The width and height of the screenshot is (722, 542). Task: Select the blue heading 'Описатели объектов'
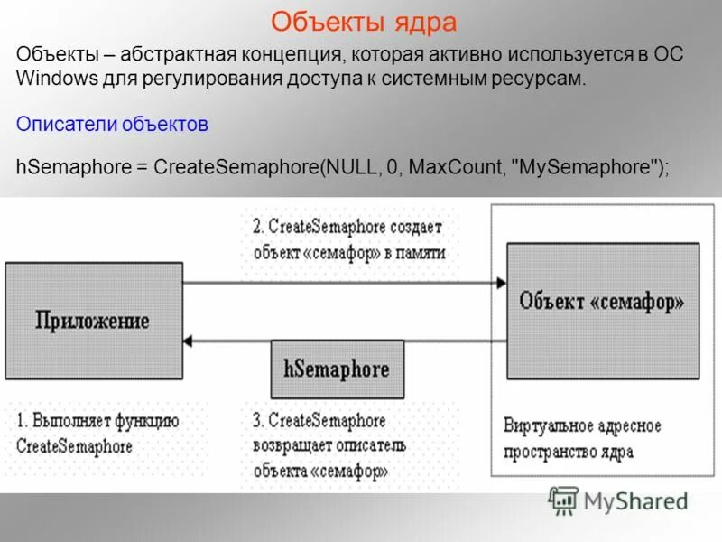pyautogui.click(x=112, y=125)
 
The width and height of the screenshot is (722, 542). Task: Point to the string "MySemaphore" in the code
pyautogui.click(x=588, y=167)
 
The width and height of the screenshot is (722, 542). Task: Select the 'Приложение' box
pyautogui.click(x=93, y=320)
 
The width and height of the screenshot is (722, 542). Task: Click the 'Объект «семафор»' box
pyautogui.click(x=602, y=310)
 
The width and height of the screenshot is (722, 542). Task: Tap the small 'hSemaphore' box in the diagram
pyautogui.click(x=337, y=369)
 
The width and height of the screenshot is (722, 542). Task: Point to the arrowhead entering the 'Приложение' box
pyautogui.click(x=188, y=341)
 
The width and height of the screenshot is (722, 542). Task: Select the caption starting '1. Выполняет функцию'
pyautogui.click(x=98, y=434)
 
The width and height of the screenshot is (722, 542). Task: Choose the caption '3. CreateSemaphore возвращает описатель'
pyautogui.click(x=329, y=446)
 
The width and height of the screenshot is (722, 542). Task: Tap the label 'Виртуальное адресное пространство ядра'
pyautogui.click(x=581, y=438)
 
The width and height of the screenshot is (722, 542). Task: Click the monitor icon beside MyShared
pyautogui.click(x=563, y=500)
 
